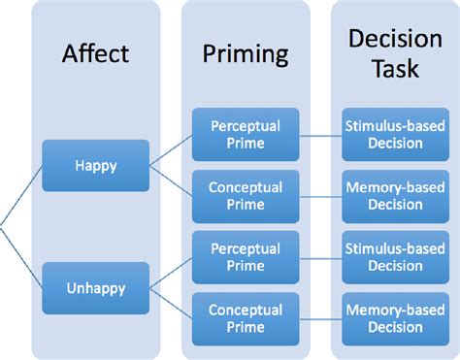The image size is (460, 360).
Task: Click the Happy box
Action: coord(95,165)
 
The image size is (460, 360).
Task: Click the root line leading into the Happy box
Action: coord(21,196)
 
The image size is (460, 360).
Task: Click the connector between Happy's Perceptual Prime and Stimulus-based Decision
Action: coord(317,136)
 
